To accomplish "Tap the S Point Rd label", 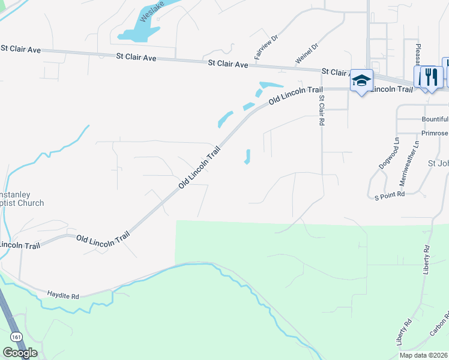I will (390, 195).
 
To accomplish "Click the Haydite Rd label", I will (63, 295).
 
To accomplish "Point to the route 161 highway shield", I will (17, 337).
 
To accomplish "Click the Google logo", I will (20, 353).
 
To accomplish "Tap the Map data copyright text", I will (423, 355).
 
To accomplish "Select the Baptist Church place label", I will (22, 203).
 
